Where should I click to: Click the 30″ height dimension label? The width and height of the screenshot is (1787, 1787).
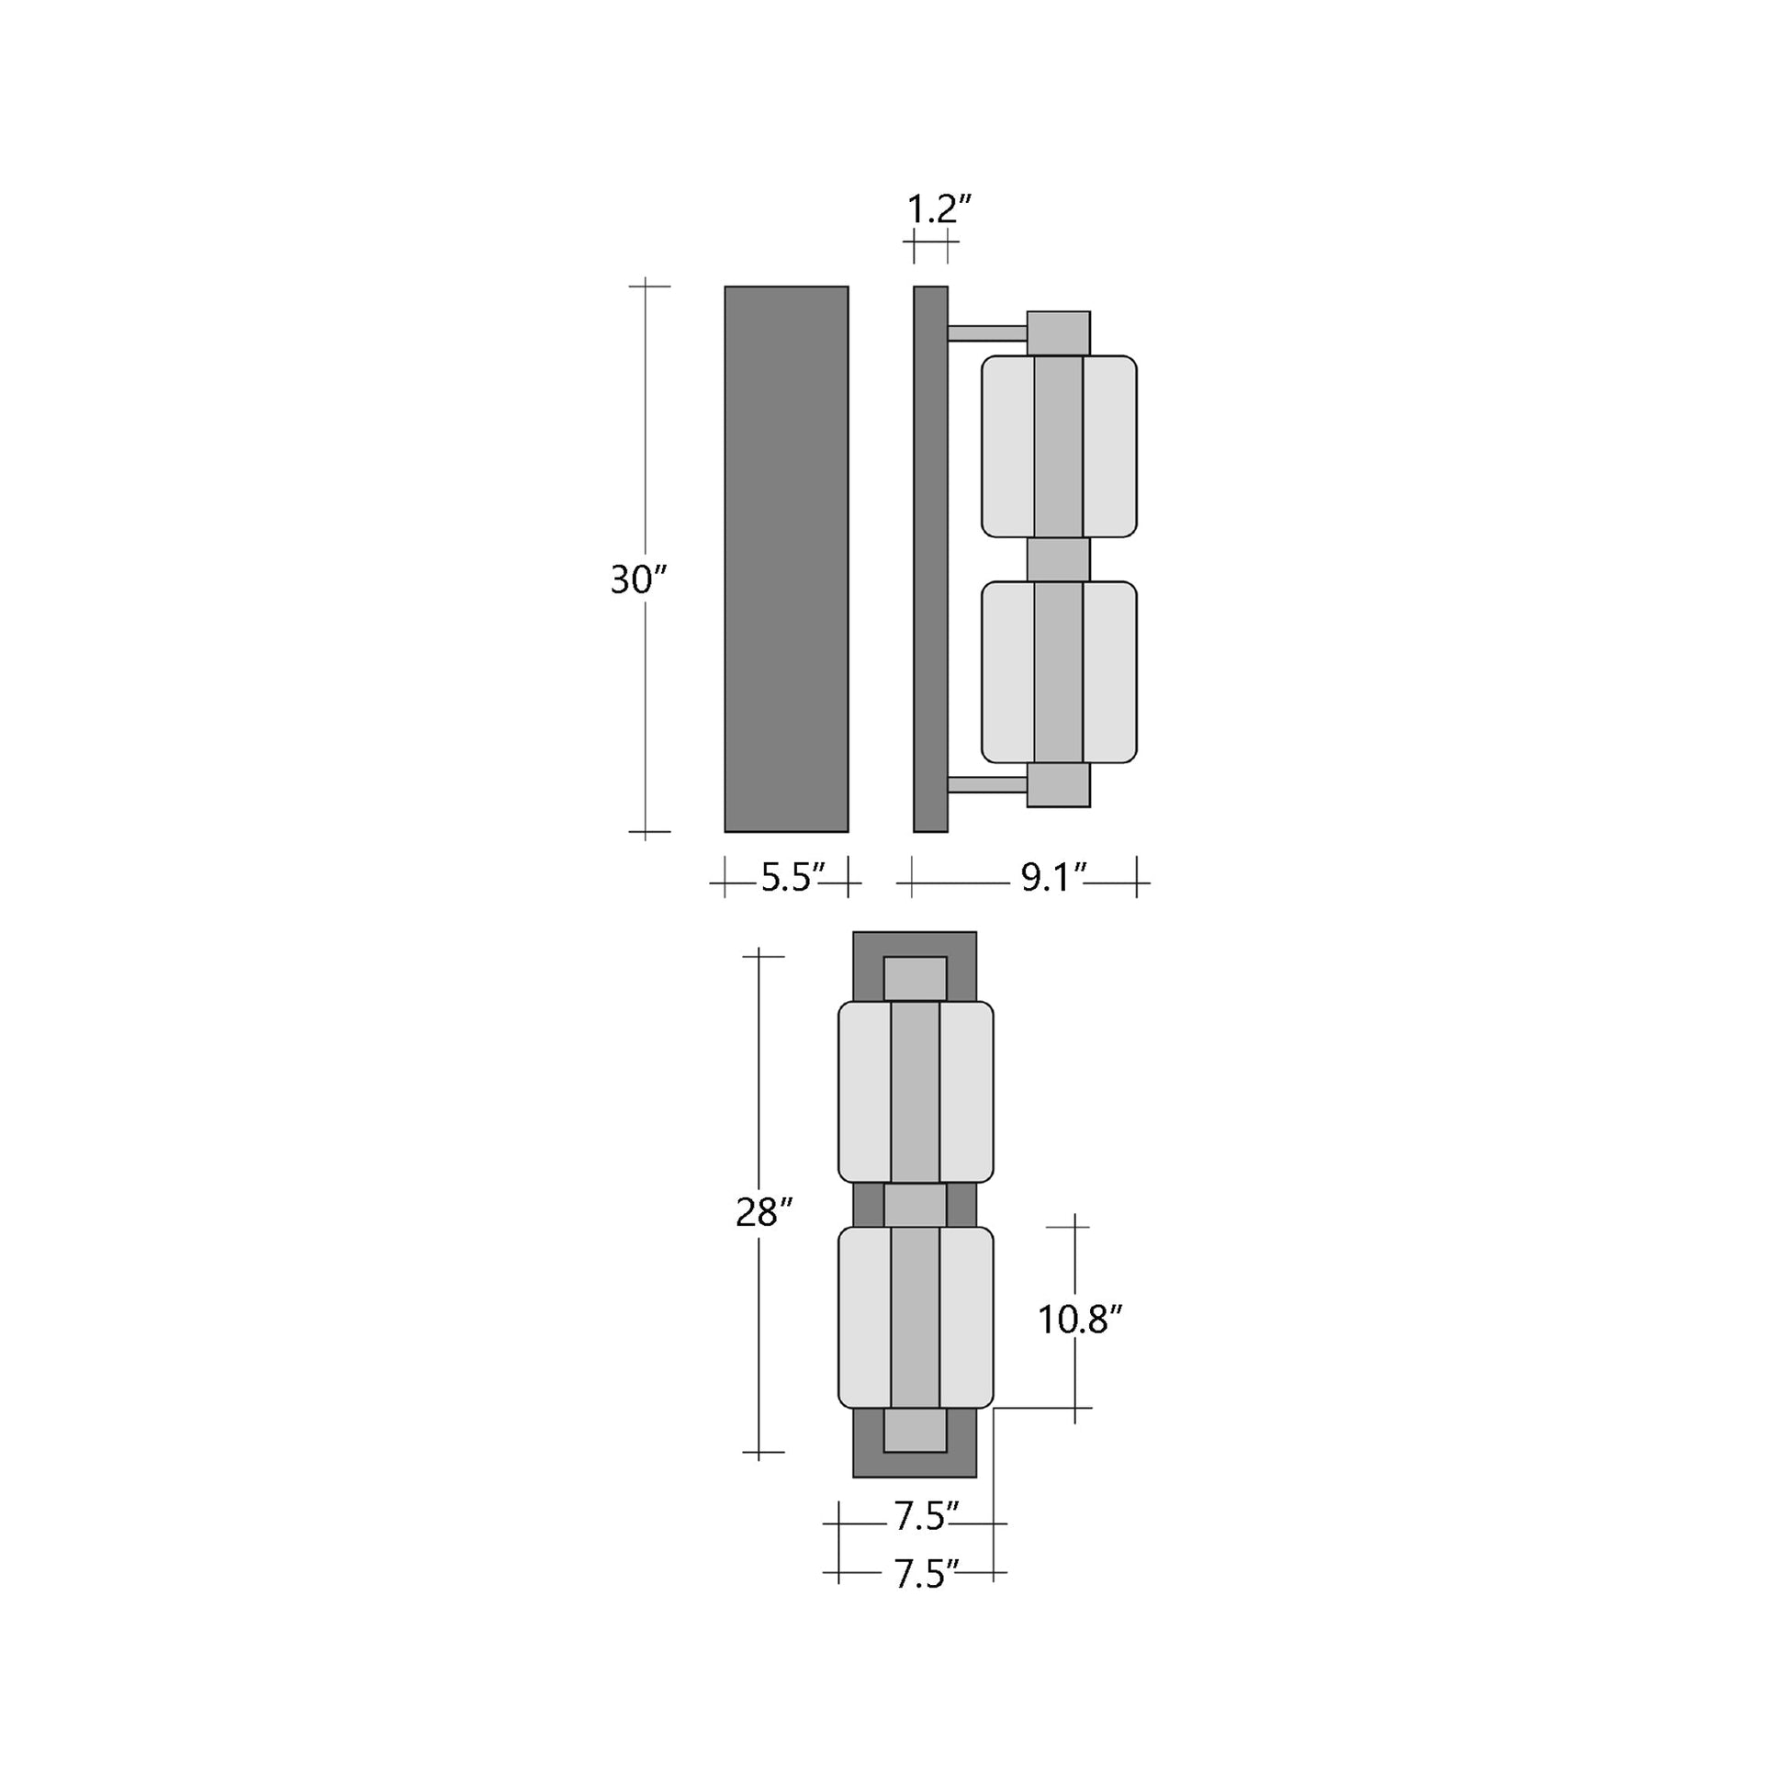coord(638,580)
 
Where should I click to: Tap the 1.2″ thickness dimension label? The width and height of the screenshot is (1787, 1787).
coord(938,210)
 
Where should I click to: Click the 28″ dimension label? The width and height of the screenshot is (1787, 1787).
coord(764,1211)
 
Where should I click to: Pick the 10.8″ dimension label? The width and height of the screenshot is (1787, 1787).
coord(1079,1320)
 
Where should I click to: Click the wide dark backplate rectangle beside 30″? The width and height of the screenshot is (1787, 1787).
coord(786,558)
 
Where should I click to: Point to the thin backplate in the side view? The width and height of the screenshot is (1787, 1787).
coord(930,558)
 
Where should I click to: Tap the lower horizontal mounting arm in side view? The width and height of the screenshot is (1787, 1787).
coord(987,785)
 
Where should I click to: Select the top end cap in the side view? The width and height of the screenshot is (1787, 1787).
coord(1058,333)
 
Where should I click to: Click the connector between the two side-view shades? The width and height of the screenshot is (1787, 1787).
coord(1058,559)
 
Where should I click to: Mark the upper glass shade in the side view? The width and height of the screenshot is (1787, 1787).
coord(1058,445)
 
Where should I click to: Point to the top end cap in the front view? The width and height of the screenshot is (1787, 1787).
coord(915,978)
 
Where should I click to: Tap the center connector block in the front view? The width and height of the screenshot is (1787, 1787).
coord(915,1204)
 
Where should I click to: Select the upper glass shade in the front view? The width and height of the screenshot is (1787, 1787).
coord(915,1092)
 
